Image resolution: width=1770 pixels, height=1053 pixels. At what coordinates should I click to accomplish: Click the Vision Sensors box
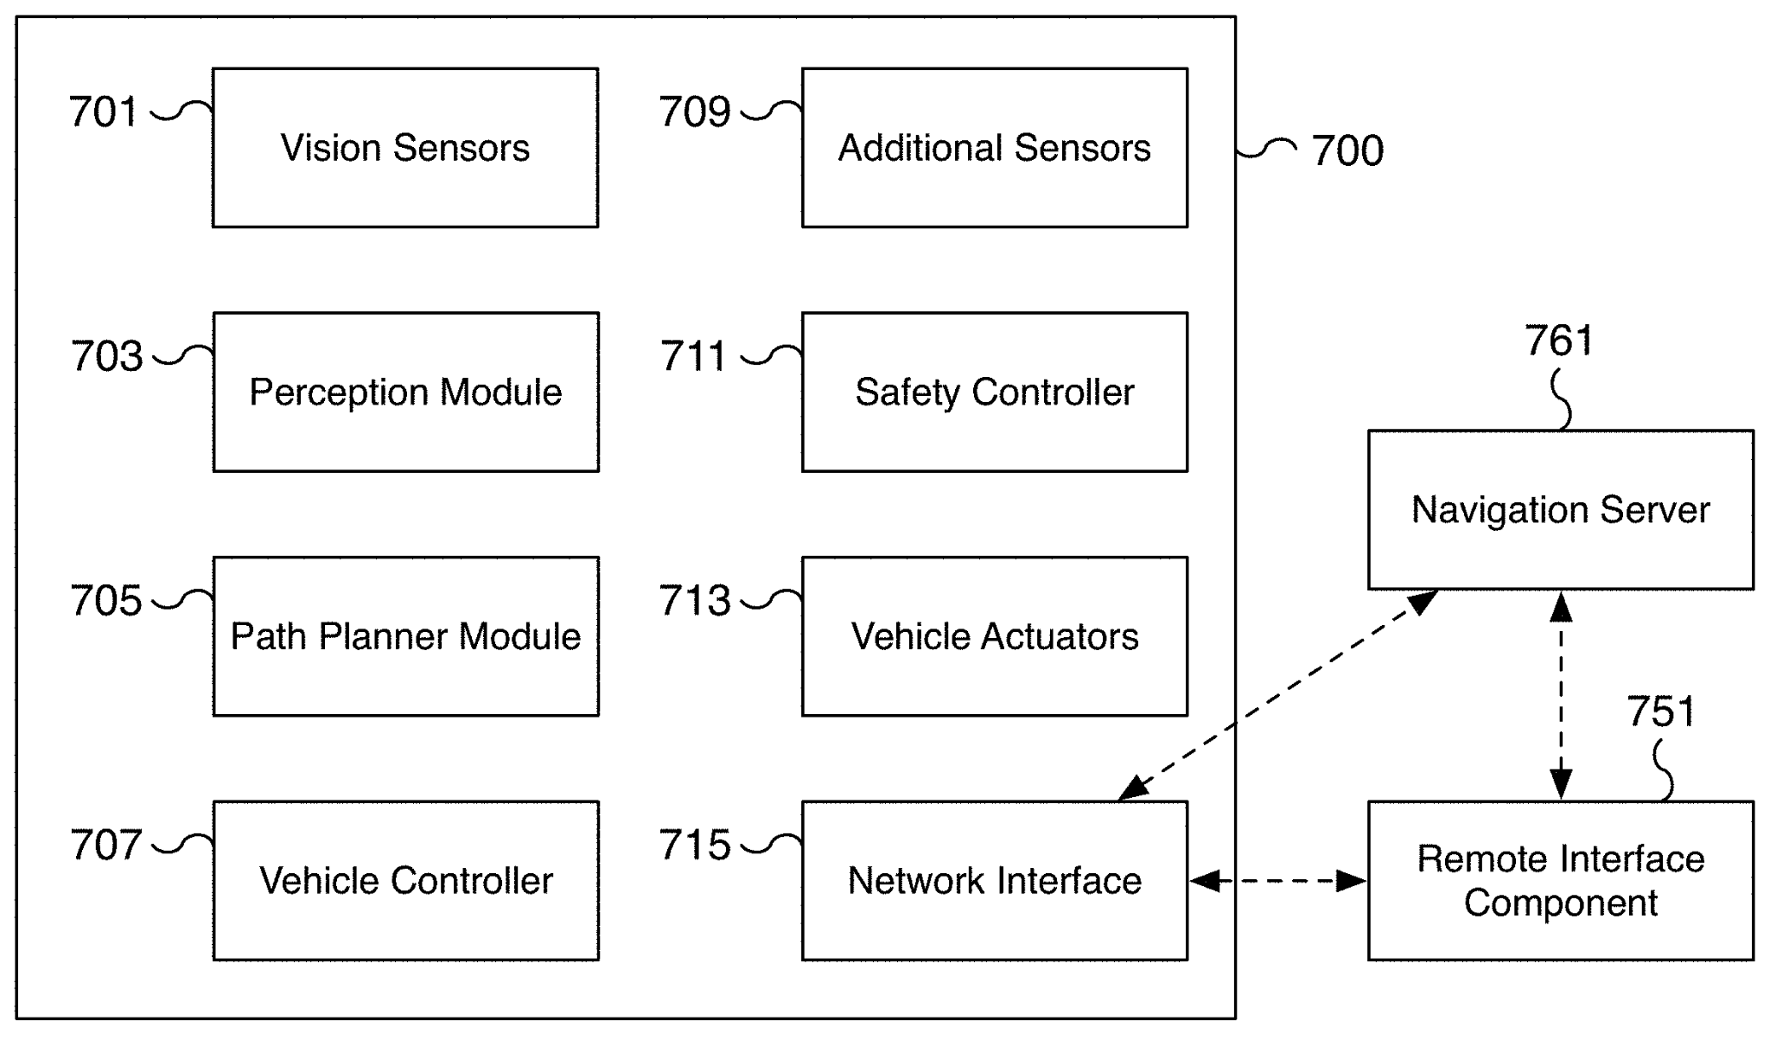coord(405,148)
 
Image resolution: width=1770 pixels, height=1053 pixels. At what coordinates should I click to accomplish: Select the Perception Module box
coord(405,392)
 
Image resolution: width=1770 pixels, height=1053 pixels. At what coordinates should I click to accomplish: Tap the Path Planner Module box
coord(405,636)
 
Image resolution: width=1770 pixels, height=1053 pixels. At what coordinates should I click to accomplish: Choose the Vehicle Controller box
coord(405,881)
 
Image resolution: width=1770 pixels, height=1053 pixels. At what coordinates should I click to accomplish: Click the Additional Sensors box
coord(995,148)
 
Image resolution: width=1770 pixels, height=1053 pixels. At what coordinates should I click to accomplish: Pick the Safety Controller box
coord(995,392)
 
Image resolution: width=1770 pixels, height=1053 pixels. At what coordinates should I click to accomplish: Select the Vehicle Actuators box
coord(995,636)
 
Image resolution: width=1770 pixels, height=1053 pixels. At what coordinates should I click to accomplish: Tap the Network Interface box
coord(995,881)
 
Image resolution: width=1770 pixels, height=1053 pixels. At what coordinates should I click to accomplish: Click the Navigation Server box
coord(1561,510)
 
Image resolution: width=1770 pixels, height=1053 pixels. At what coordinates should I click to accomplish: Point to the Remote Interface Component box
coord(1561,881)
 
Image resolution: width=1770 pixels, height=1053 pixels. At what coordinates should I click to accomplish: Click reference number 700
coord(1347,151)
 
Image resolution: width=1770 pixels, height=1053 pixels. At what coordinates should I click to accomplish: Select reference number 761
coord(1558,341)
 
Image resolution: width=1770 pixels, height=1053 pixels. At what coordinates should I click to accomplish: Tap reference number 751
coord(1661,712)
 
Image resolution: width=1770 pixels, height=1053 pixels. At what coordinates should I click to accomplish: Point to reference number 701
coord(103,112)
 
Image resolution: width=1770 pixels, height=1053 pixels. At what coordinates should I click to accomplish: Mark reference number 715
coord(694,846)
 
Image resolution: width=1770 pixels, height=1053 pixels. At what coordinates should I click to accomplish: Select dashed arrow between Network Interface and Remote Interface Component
coord(1277,881)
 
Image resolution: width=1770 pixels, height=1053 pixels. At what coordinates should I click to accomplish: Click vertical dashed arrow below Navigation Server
coord(1561,696)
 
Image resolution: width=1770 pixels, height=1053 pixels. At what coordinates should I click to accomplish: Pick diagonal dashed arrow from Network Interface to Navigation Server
coord(1277,696)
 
